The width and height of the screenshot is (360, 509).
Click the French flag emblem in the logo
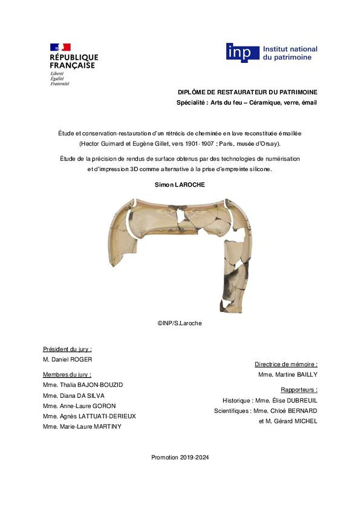coord(60,47)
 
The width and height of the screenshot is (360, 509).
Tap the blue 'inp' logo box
coord(242,52)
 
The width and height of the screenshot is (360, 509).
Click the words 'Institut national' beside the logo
coord(290,49)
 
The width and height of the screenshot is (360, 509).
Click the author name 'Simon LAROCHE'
coord(180,185)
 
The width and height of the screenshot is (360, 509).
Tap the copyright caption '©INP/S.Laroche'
coord(180,323)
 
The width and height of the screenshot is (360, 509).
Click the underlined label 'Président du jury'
coord(67,350)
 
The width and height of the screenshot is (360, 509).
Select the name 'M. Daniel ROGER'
coord(67,360)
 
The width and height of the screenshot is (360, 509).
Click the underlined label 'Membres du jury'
coord(67,375)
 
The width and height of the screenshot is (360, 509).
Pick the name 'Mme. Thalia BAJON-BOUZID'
coord(83,385)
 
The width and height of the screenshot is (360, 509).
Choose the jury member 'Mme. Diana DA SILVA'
coord(73,395)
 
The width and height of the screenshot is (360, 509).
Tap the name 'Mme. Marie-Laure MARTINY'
coord(82,426)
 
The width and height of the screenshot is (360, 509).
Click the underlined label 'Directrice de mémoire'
coord(286,364)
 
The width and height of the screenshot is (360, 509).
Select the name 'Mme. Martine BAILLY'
coord(287,375)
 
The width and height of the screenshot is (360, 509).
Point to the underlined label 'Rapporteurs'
coord(299,390)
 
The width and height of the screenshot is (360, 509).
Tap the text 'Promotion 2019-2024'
coord(180,458)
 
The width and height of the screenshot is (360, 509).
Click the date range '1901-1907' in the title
coord(199,144)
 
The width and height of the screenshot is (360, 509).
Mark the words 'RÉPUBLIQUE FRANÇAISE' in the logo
coord(74,62)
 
